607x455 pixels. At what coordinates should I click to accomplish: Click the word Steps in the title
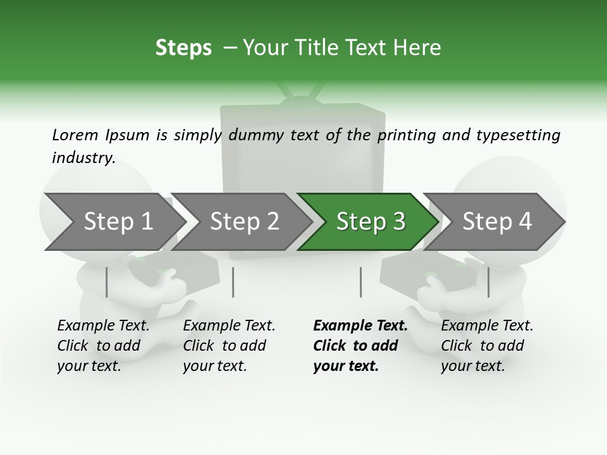pyautogui.click(x=183, y=48)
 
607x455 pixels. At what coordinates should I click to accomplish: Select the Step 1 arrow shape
pyautogui.click(x=114, y=222)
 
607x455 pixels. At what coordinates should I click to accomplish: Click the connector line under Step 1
pyautogui.click(x=107, y=282)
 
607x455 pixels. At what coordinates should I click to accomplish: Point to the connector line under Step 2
pyautogui.click(x=233, y=282)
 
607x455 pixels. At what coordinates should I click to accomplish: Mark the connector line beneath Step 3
pyautogui.click(x=360, y=282)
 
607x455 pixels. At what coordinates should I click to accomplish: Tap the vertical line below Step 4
pyautogui.click(x=488, y=282)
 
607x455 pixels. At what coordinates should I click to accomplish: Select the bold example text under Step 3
pyautogui.click(x=359, y=346)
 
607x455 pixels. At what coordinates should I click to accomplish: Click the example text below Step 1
pyautogui.click(x=102, y=346)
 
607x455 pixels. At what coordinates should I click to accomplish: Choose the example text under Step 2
pyautogui.click(x=228, y=346)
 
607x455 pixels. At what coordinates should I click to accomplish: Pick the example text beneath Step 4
pyautogui.click(x=486, y=346)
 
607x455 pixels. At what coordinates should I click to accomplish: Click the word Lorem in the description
pyautogui.click(x=75, y=135)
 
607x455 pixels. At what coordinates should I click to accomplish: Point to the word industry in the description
pyautogui.click(x=83, y=158)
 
